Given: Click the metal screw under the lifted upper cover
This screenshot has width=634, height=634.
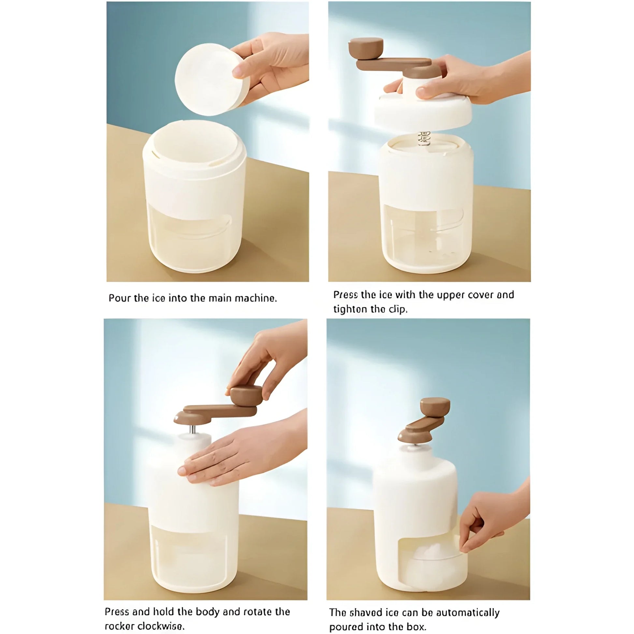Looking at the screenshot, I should [x=424, y=138].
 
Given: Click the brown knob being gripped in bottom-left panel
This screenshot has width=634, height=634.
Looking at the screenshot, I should [x=246, y=396].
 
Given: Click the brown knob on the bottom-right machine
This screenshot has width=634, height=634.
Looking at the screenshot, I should [x=435, y=406].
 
